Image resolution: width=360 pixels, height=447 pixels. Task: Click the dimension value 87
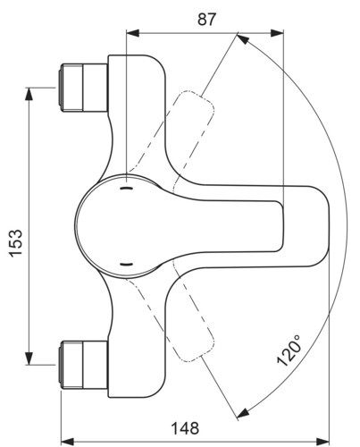point(206,20)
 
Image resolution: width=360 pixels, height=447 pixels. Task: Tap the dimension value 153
point(16,243)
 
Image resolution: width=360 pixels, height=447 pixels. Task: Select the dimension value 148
point(185,428)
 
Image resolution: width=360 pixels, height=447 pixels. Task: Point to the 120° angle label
point(289,350)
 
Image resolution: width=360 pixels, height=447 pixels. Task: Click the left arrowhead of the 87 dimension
point(133,33)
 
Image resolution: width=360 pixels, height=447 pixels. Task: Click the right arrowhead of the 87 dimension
point(277,33)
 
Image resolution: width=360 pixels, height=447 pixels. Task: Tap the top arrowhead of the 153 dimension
point(29,94)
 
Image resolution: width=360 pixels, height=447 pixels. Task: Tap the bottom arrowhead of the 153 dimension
point(29,358)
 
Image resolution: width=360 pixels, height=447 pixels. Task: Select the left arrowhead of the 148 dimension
point(67,441)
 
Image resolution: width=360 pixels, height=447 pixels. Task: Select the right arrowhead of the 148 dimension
point(323,441)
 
